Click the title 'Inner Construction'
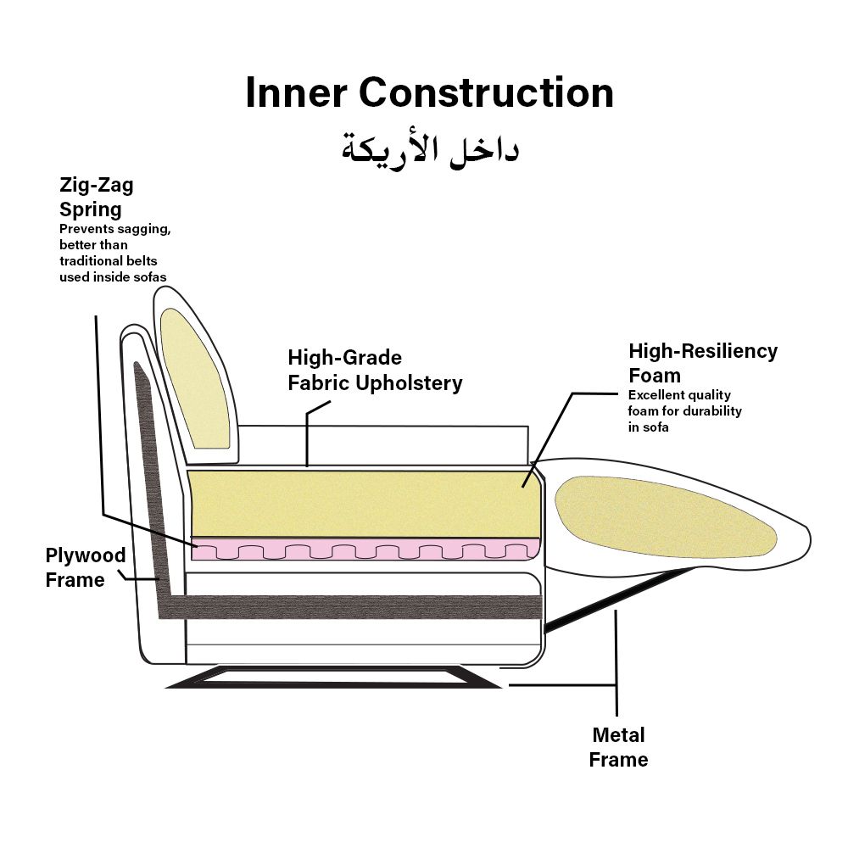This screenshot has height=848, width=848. (429, 92)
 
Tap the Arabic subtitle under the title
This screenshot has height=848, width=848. (430, 148)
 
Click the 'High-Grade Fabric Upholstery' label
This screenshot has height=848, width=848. (375, 371)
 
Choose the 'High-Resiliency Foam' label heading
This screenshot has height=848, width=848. (702, 363)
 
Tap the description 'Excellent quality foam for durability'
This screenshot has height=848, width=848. (684, 411)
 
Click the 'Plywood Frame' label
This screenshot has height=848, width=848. (85, 567)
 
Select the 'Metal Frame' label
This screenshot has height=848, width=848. (619, 747)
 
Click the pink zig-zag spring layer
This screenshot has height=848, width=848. (365, 549)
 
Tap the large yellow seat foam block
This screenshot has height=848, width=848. (365, 504)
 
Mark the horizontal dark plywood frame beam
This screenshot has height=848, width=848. (356, 606)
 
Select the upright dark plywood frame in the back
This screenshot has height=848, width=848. (151, 475)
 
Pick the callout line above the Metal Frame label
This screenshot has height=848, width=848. (616, 661)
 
